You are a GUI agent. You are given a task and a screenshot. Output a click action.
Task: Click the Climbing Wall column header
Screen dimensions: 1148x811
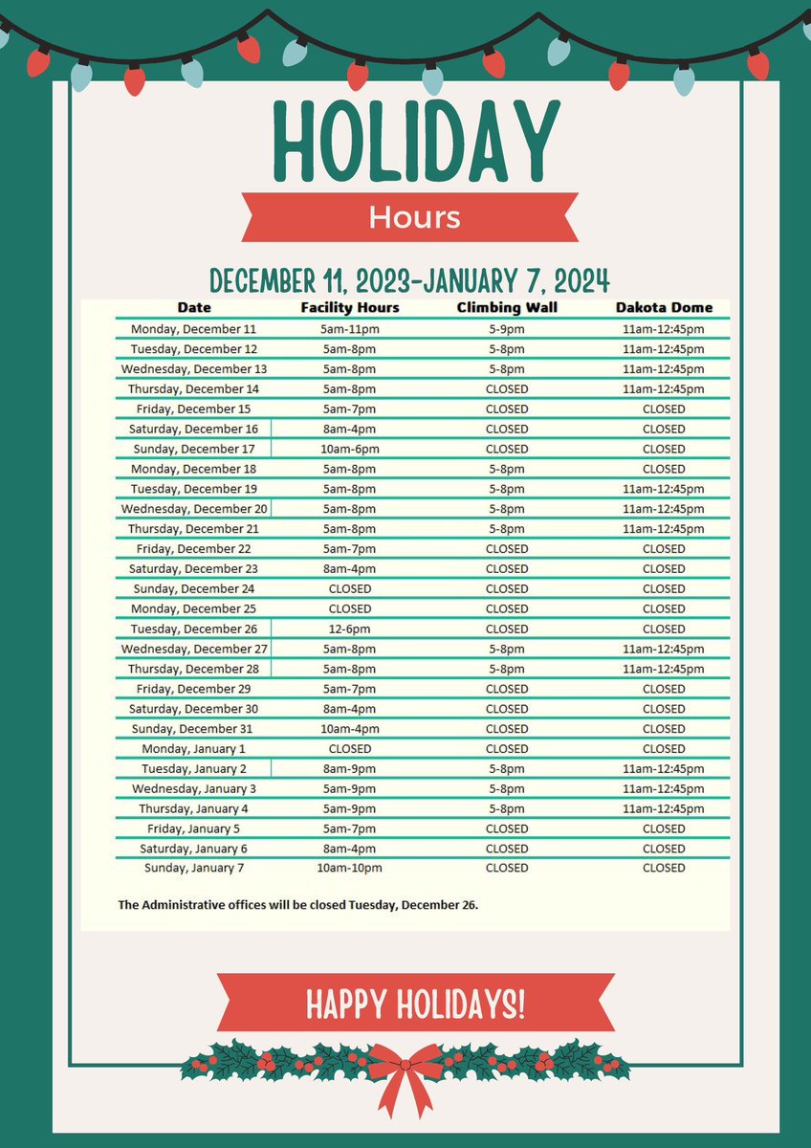(x=506, y=308)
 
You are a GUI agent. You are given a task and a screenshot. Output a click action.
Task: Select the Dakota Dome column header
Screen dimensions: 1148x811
(x=664, y=308)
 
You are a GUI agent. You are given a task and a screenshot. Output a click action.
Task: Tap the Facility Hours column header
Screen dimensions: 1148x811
(x=350, y=308)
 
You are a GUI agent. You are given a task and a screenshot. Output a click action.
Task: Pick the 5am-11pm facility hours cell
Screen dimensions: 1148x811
(x=350, y=329)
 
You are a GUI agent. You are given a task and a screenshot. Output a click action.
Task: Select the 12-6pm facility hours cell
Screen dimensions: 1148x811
(x=350, y=629)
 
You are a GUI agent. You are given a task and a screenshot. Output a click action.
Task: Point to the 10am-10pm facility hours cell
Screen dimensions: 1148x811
(x=350, y=868)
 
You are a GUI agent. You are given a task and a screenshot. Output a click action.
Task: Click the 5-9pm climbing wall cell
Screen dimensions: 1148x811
(x=506, y=329)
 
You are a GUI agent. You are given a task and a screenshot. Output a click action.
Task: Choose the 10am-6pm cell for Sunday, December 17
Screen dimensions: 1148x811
(x=350, y=449)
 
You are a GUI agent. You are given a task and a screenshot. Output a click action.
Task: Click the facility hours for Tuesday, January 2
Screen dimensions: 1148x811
(x=350, y=769)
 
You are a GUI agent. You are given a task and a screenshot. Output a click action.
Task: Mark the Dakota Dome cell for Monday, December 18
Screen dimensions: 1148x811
(x=664, y=469)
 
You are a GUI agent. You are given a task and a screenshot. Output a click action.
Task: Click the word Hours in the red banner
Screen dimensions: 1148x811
(x=414, y=217)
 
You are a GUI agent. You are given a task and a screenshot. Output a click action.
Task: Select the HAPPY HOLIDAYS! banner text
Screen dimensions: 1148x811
(x=414, y=1004)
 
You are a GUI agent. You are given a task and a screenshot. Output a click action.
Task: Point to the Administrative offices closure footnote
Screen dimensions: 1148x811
(x=297, y=903)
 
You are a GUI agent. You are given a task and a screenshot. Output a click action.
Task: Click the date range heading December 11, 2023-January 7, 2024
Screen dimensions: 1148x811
(x=409, y=280)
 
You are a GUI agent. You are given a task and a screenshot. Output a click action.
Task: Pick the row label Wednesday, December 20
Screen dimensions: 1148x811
(x=194, y=509)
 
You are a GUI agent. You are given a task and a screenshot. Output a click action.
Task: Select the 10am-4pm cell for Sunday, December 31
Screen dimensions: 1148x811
(x=350, y=729)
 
